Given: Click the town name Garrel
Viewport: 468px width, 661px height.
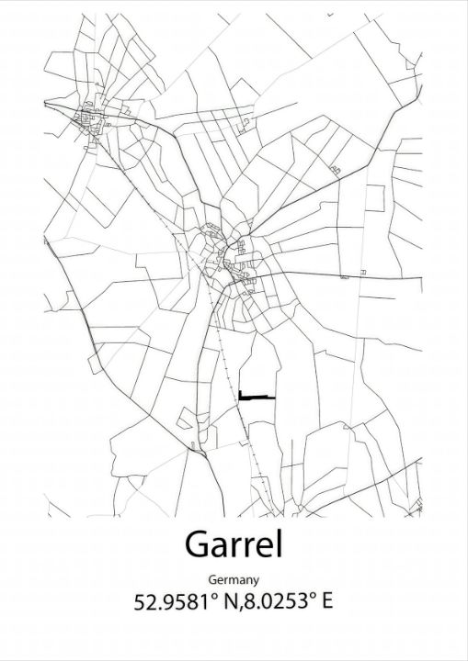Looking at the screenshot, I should coord(234,544).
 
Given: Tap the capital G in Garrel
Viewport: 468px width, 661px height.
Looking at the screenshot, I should coord(198,544).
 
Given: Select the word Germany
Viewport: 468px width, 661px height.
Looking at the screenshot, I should coord(234,580).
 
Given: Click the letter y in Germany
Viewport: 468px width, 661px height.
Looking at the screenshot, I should coord(255,582).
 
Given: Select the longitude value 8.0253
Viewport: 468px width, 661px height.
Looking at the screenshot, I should coord(277,602).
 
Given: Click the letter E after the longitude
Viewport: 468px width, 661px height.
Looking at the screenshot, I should coord(327,602).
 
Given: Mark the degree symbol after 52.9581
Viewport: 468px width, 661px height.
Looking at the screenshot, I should coord(212,597).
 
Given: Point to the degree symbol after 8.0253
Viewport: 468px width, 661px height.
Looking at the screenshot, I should coord(312,597).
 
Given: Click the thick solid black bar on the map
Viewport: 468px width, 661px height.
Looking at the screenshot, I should coord(257,397).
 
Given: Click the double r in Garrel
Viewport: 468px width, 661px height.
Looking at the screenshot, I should coord(241,547).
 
